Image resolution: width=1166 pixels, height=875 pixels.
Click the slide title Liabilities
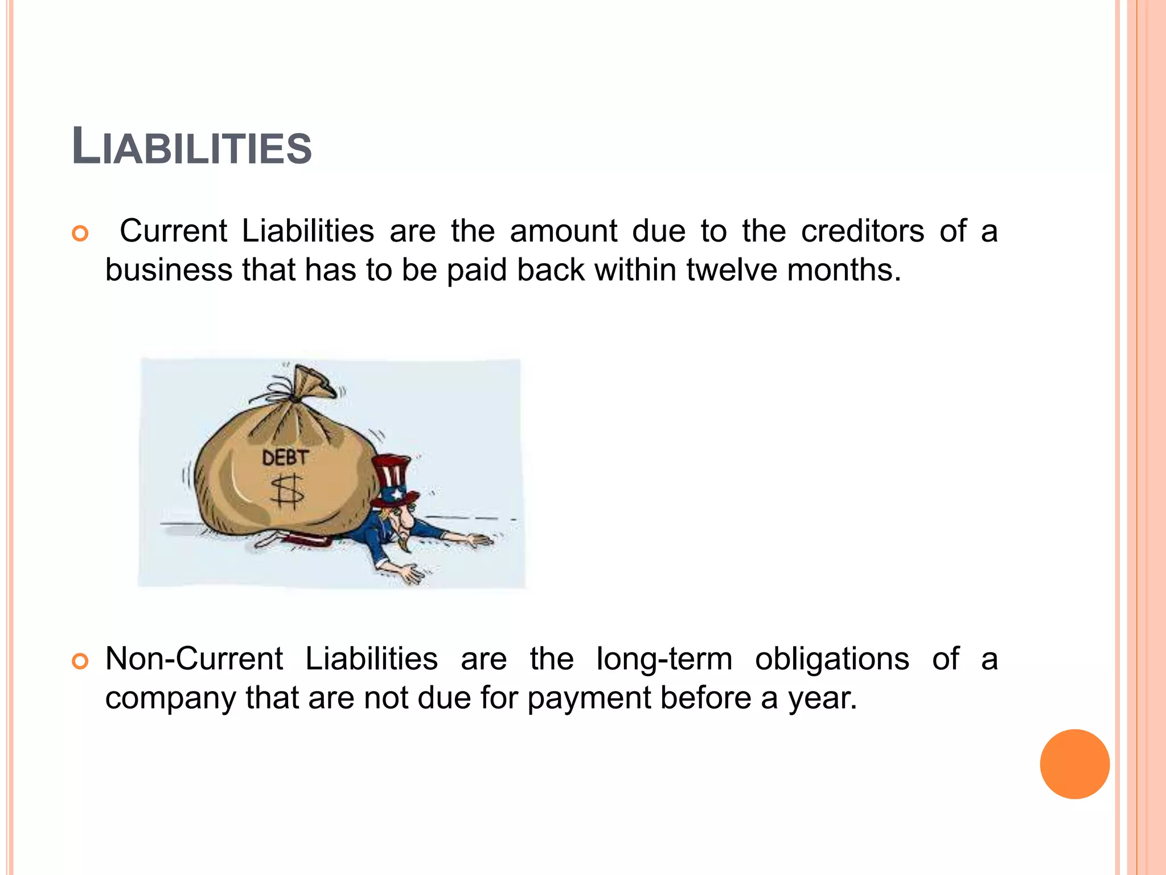tap(192, 148)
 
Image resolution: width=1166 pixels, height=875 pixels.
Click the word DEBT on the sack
tap(285, 457)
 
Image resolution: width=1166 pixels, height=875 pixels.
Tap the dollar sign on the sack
tap(288, 492)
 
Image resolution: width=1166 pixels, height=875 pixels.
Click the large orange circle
tap(1074, 764)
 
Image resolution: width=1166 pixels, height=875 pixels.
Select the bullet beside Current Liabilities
tap(80, 234)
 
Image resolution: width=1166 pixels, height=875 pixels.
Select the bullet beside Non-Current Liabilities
tap(80, 661)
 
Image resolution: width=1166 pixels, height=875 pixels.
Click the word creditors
tap(863, 231)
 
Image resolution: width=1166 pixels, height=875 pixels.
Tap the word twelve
tap(731, 269)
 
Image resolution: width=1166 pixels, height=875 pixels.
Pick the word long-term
tap(664, 660)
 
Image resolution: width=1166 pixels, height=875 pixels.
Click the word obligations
tap(832, 660)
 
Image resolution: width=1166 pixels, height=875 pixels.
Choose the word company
tap(170, 698)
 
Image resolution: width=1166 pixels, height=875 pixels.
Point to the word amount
tap(563, 231)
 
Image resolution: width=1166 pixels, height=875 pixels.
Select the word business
tap(169, 269)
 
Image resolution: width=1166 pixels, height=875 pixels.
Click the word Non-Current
tap(194, 659)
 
